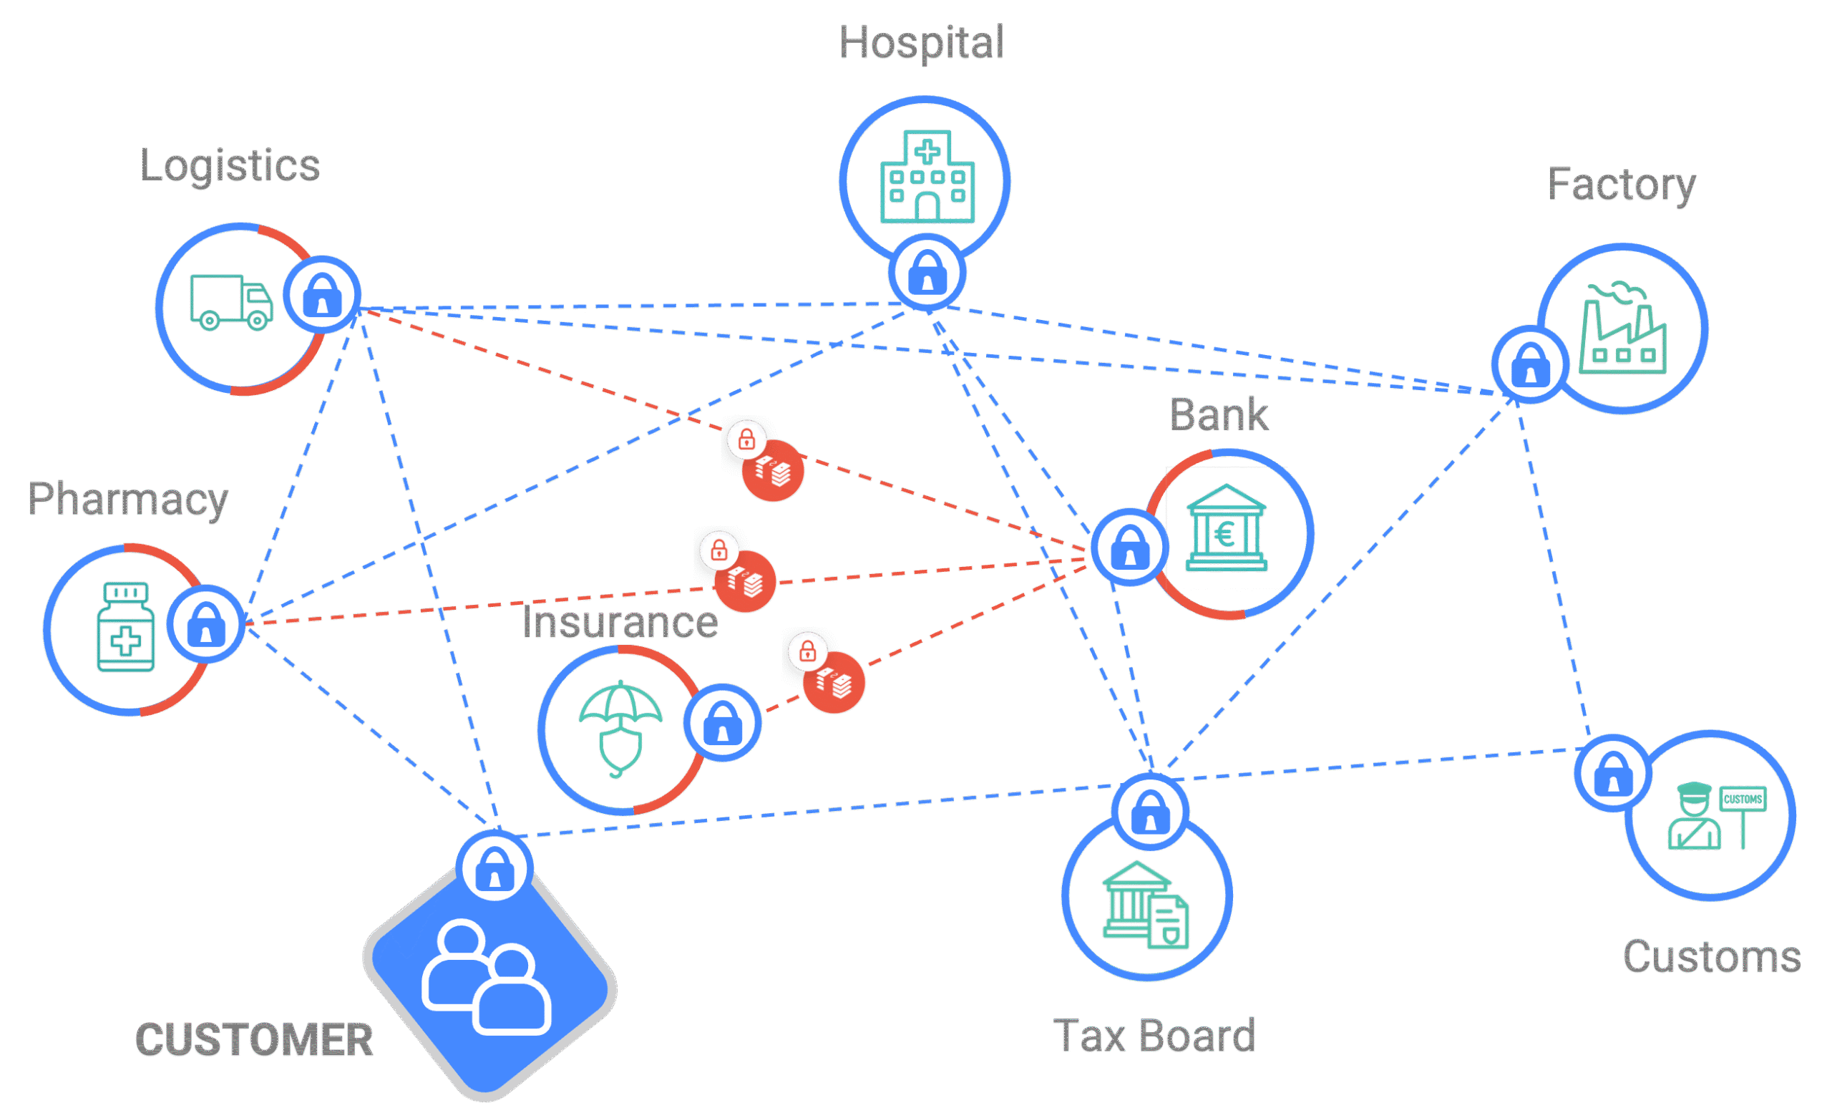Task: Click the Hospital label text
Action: (x=921, y=42)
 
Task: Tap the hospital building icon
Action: (x=927, y=177)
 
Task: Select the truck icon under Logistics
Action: (x=231, y=302)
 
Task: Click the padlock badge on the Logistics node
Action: (x=323, y=294)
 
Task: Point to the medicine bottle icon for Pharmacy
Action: (x=125, y=627)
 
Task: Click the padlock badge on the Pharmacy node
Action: (x=206, y=623)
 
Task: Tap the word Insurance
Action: (x=620, y=622)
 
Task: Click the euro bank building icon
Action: (x=1226, y=528)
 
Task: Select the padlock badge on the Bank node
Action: (x=1129, y=548)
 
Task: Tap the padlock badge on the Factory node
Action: (x=1529, y=364)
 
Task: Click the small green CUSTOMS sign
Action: (x=1742, y=799)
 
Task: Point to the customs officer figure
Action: (x=1694, y=816)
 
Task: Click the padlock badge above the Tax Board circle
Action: (x=1150, y=812)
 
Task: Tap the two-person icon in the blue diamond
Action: (x=487, y=978)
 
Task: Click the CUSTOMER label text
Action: (x=254, y=1039)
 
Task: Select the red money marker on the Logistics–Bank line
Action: (x=773, y=470)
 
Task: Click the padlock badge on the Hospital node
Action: (x=927, y=273)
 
